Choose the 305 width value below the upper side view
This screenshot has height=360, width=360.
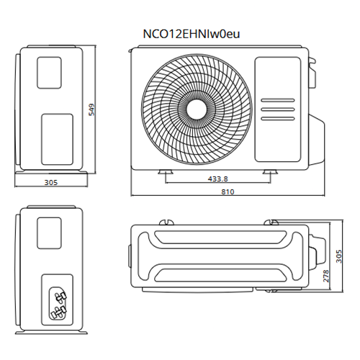(x=51, y=183)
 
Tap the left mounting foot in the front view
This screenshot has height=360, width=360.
(x=165, y=172)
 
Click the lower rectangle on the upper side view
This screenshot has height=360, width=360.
(x=57, y=136)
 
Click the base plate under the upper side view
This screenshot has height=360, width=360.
(x=53, y=173)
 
